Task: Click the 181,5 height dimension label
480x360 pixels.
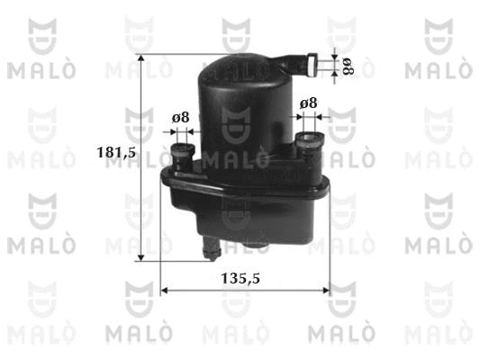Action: click(116, 152)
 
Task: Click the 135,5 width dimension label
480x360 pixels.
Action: click(240, 278)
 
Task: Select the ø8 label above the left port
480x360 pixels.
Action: click(180, 118)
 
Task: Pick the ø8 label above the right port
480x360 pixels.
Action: click(308, 103)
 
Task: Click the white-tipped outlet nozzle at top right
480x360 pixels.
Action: click(312, 65)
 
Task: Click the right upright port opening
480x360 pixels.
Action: click(310, 138)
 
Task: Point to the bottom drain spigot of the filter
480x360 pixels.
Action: click(212, 248)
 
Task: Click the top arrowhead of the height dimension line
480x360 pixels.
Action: click(140, 58)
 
